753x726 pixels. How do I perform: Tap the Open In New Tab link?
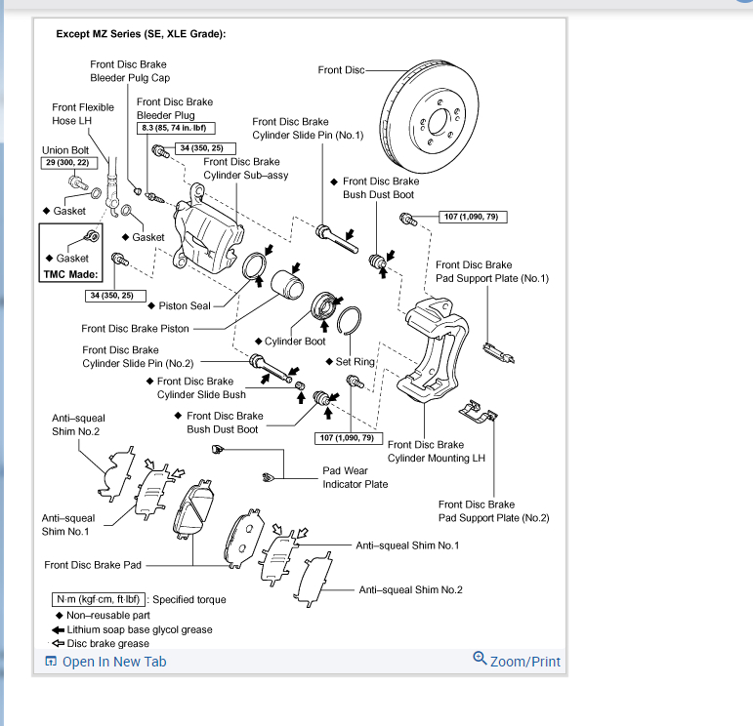coord(113,662)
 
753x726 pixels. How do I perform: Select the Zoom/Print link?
coord(524,662)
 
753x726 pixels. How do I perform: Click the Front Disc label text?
coord(342,70)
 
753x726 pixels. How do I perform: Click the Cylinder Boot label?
coord(295,342)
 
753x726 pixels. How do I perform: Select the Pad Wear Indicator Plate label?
coord(355,477)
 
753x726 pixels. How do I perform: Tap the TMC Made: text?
coord(67,275)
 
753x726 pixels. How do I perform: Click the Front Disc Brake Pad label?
coord(93,565)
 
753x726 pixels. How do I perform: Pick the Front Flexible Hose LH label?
coord(83,114)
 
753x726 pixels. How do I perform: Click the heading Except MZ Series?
coord(142,34)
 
